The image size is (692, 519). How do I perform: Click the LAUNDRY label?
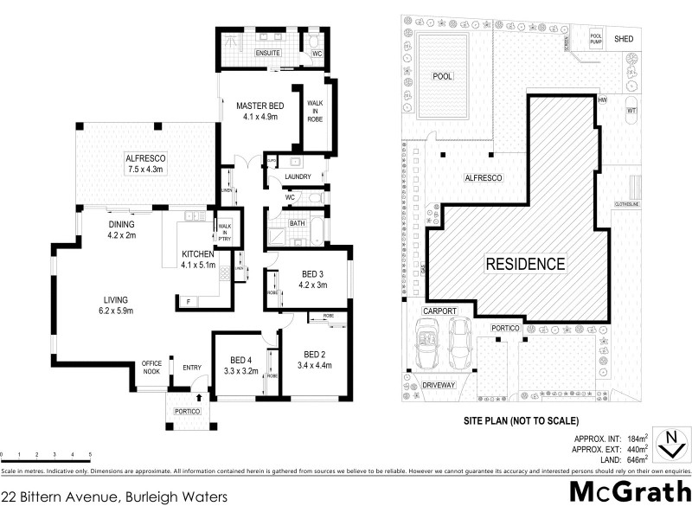(297, 178)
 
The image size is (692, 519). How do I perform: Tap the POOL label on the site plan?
(442, 76)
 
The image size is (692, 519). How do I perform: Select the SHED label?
(623, 39)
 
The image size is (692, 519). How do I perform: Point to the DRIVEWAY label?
(439, 386)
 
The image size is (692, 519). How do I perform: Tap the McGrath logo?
(630, 491)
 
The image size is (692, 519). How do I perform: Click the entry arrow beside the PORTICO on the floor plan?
(200, 397)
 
